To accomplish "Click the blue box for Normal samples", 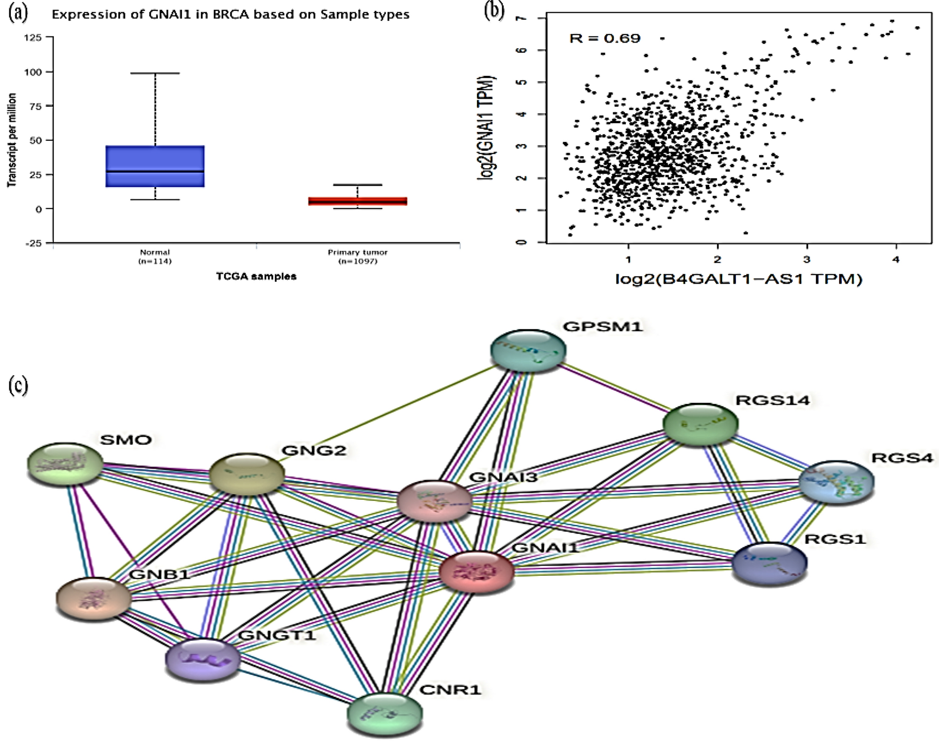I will coord(155,166).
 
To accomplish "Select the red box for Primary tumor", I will coord(358,201).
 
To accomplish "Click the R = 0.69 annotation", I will coord(604,38).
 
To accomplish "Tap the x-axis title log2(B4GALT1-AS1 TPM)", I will coord(738,279).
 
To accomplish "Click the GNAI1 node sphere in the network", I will coord(477,572).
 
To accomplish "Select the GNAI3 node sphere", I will coord(434,501).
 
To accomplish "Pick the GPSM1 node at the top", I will coord(528,350).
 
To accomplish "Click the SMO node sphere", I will coord(65,464).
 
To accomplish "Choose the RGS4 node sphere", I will coord(836,482).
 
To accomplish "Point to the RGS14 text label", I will coord(772,401).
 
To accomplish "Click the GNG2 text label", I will coord(314,451).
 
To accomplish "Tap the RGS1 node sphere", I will coord(769,563).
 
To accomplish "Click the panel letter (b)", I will coord(494,11).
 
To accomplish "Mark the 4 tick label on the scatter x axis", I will coord(896,260).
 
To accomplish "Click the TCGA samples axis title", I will coord(256,277).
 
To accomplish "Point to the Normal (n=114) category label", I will coord(155,257).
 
